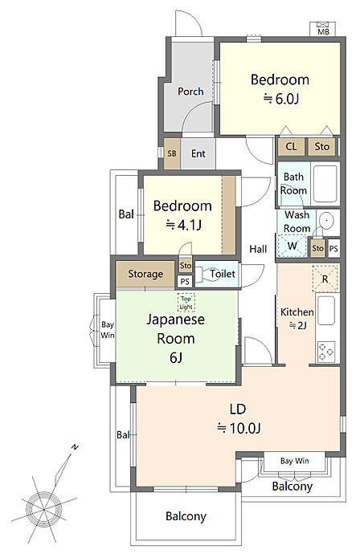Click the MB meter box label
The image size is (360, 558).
tap(323, 31)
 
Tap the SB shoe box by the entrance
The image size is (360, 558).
tap(172, 153)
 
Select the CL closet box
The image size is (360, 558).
tap(291, 146)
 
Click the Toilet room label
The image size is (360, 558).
tap(223, 274)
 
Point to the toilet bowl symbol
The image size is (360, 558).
tap(207, 275)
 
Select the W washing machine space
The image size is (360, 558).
tap(292, 246)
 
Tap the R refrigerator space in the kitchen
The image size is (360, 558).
tap(325, 279)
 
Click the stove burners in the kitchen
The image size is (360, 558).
tap(325, 351)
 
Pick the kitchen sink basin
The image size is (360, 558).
tap(325, 311)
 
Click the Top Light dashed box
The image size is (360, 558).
tap(186, 303)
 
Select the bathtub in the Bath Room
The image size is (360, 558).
tap(325, 184)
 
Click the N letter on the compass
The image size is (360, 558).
tap(75, 447)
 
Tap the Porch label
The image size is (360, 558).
tap(190, 92)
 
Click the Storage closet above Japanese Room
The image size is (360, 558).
tap(145, 274)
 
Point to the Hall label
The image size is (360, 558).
tap(258, 249)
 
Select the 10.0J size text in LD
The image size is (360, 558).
tap(239, 427)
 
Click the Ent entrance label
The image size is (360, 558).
tap(198, 153)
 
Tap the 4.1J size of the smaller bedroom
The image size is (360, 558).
tap(184, 225)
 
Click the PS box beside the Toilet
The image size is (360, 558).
tap(185, 282)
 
